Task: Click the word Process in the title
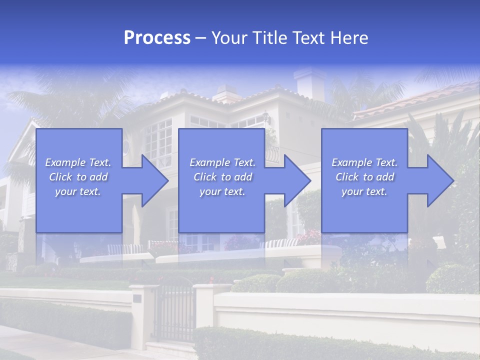point(157,38)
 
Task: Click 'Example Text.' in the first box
point(78,162)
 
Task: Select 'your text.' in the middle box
point(222,191)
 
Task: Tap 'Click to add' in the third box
point(364,177)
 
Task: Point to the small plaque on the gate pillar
point(136,298)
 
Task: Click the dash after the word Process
point(201,38)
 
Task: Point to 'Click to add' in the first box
point(78,177)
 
